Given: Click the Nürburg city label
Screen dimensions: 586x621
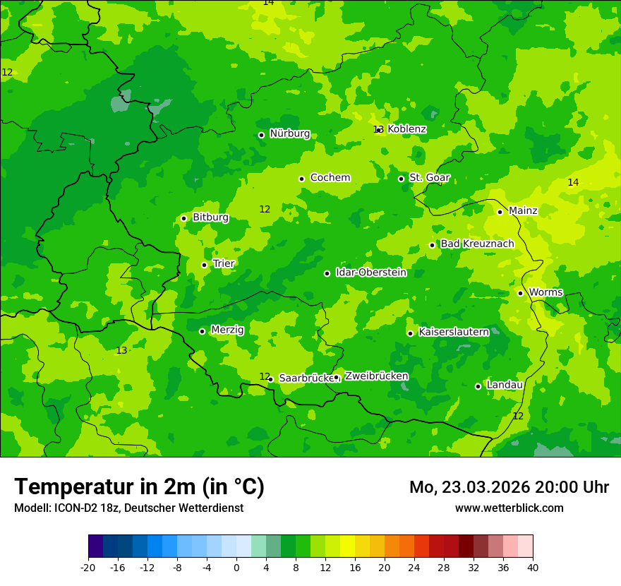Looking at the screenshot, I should click(290, 133).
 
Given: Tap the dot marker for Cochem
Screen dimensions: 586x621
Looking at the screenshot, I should click(301, 179).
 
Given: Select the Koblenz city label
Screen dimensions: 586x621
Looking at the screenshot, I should click(406, 129).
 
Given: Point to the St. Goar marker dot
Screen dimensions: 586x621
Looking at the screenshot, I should click(401, 179).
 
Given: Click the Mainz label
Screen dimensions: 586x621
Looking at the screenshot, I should click(523, 210).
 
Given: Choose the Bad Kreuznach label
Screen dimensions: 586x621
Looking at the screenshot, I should click(477, 244).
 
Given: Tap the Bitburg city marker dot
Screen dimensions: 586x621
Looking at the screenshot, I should click(183, 218).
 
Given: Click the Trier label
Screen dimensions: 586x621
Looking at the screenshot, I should click(224, 263).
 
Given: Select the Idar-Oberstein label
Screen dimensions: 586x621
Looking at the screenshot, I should click(370, 272).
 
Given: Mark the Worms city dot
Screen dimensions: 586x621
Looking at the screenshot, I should click(520, 293).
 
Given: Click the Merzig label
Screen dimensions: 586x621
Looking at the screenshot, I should click(227, 330).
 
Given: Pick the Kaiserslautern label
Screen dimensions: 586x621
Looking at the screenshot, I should click(454, 331).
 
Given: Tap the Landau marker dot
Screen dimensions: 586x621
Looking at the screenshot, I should click(478, 386).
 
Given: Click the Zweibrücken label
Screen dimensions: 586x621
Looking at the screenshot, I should click(376, 376).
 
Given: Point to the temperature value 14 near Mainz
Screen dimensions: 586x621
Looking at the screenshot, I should click(573, 183).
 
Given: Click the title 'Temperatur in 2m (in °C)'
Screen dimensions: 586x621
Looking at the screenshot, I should click(139, 487).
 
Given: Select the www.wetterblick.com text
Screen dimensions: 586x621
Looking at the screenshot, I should click(509, 508).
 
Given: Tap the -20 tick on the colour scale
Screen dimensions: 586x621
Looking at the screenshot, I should click(88, 568).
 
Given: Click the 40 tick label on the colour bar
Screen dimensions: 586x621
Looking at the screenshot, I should click(533, 568).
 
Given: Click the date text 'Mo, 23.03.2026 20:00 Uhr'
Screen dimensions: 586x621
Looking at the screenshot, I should click(509, 487).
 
